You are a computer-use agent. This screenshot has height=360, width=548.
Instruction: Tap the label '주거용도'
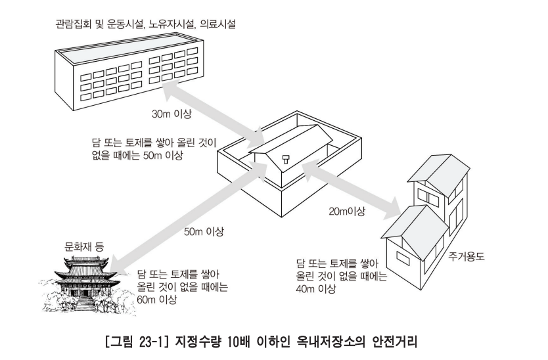pos(466,256)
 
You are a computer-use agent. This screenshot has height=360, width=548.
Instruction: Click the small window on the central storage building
pos(286,157)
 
